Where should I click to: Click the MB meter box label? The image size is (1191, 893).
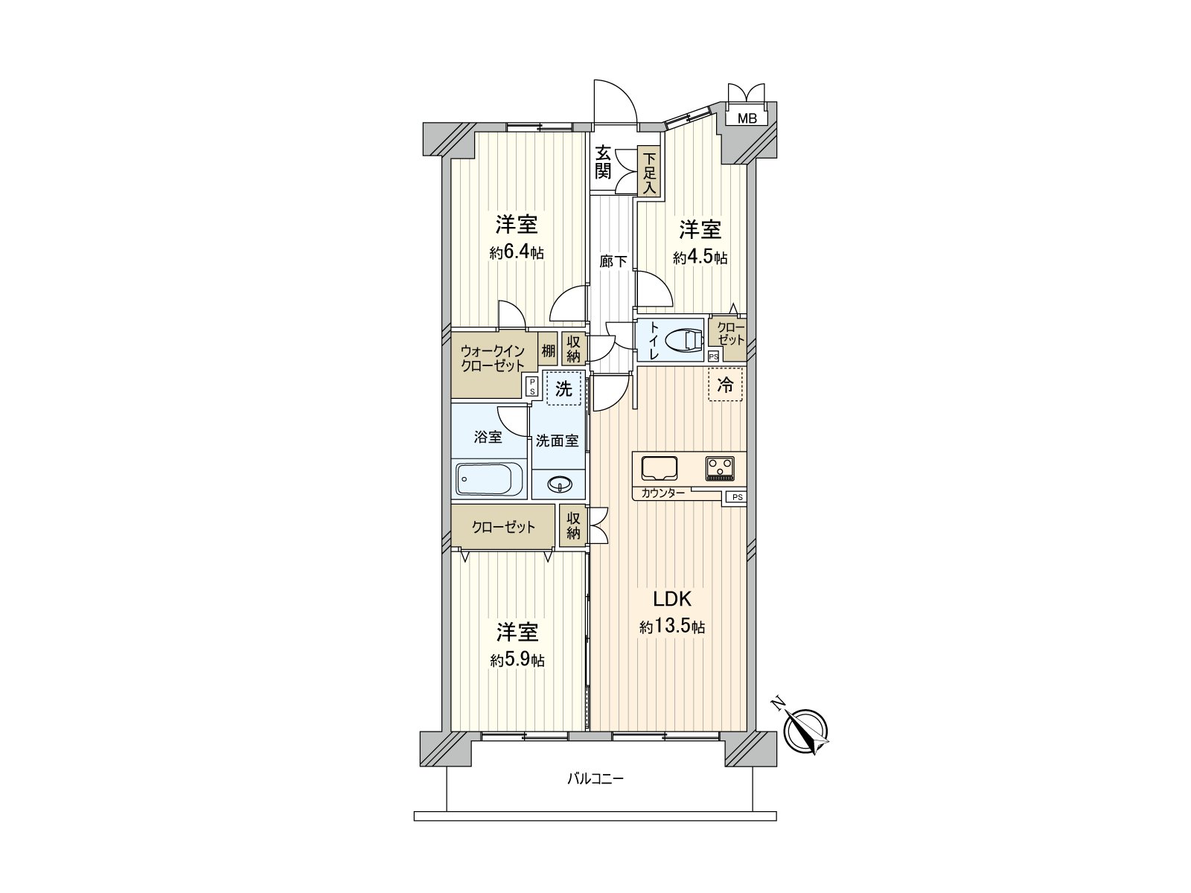pos(747,119)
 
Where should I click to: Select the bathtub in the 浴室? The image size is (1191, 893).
pos(489,478)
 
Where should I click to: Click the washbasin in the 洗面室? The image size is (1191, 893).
pos(559,484)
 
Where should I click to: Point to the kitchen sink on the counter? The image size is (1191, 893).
pos(660,469)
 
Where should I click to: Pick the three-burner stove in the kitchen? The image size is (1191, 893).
pos(720,469)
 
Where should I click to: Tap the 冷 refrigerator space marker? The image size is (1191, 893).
pos(726,385)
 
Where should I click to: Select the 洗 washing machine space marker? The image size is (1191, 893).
pos(563,388)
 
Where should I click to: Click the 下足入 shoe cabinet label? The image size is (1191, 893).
pos(650,173)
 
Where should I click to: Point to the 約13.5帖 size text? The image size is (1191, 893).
pos(672,627)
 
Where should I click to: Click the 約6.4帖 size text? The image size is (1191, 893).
pos(517,253)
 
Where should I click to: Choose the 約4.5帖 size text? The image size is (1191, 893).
pos(700,257)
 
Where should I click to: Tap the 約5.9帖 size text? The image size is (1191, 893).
pos(517,660)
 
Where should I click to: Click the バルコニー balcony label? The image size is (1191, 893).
pos(595,779)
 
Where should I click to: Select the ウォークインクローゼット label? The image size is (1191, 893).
pos(493,358)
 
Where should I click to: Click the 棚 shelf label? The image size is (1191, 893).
pos(548,351)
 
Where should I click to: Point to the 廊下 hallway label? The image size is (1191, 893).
pos(613,262)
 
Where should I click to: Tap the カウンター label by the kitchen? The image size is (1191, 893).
pos(662,493)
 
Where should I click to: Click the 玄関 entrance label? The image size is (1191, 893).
pos(602,163)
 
